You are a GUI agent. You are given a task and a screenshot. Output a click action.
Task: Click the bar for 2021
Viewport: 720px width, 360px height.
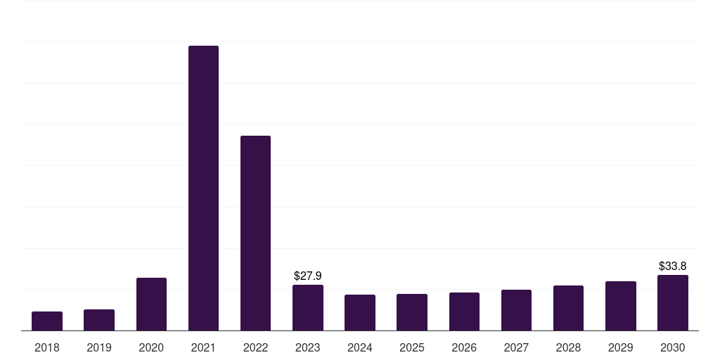(x=203, y=188)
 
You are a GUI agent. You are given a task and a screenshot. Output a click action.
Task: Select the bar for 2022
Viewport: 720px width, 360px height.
(x=255, y=233)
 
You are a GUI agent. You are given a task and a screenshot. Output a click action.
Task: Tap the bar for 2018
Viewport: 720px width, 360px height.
(x=47, y=321)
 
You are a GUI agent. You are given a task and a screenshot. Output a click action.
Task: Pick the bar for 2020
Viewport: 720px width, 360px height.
(x=152, y=304)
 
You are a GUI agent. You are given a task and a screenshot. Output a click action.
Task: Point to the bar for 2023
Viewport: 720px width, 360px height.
(x=308, y=308)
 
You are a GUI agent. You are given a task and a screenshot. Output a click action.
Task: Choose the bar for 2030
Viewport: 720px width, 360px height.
(x=673, y=302)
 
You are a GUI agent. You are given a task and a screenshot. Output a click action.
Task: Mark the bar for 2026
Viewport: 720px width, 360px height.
(x=464, y=311)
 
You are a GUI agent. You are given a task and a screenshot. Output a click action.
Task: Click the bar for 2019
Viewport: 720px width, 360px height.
(x=99, y=320)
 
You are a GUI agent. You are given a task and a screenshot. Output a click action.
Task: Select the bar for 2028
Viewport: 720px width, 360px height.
(x=568, y=308)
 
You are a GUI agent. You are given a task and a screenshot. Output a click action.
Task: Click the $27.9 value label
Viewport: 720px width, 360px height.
(x=308, y=276)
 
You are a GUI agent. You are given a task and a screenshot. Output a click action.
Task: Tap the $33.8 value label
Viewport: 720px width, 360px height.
(x=673, y=266)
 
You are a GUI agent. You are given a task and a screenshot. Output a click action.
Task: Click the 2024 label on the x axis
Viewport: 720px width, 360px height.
(x=360, y=348)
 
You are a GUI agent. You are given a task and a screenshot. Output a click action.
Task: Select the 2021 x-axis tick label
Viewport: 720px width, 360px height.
(x=203, y=348)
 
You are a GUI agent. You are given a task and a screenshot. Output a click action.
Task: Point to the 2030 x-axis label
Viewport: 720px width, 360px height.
(x=673, y=348)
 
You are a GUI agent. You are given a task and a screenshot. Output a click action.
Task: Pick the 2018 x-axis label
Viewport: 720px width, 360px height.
(x=47, y=348)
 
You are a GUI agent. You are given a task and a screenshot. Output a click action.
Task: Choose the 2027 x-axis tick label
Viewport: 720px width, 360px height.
(x=516, y=348)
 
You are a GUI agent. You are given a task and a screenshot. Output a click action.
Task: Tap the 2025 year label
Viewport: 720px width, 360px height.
(x=412, y=348)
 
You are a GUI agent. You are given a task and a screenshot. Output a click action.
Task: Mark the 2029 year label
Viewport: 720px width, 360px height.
(x=621, y=348)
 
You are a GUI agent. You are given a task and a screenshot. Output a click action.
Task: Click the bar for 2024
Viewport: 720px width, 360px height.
(x=360, y=313)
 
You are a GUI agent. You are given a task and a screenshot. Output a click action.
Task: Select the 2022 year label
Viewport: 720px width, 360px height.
(x=255, y=348)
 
